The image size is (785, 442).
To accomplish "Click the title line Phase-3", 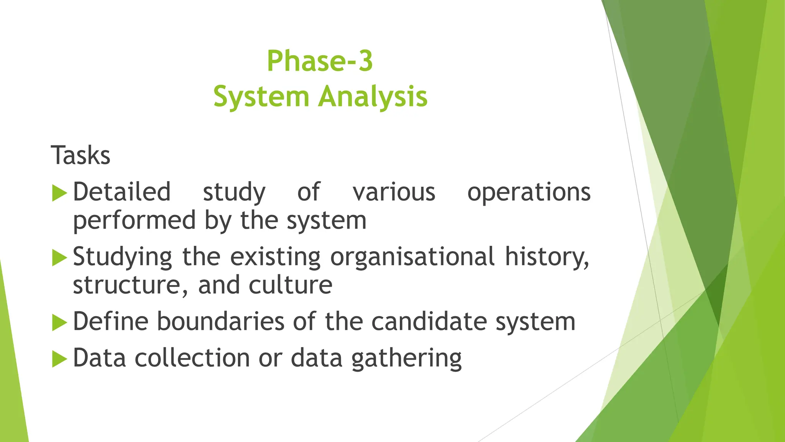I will point(320,61).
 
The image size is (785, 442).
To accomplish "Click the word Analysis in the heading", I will point(373,97).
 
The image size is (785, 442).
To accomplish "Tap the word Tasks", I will point(80,155).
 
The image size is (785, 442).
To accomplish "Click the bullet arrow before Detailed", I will point(59,193).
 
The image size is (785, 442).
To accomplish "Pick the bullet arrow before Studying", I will point(59,257).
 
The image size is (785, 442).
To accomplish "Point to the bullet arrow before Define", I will point(59,322).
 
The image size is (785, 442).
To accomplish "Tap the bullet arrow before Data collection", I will point(59,358).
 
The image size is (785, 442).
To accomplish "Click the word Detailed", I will point(122,192).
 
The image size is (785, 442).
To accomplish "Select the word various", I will point(394,192).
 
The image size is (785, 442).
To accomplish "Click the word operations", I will point(529,192).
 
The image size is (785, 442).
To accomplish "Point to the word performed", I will point(135,221).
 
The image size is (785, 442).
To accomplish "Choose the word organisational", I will point(412,257).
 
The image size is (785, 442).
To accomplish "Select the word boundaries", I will point(220,321).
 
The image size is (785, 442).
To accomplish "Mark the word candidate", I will point(429,321).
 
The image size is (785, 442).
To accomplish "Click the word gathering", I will point(406,358).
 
